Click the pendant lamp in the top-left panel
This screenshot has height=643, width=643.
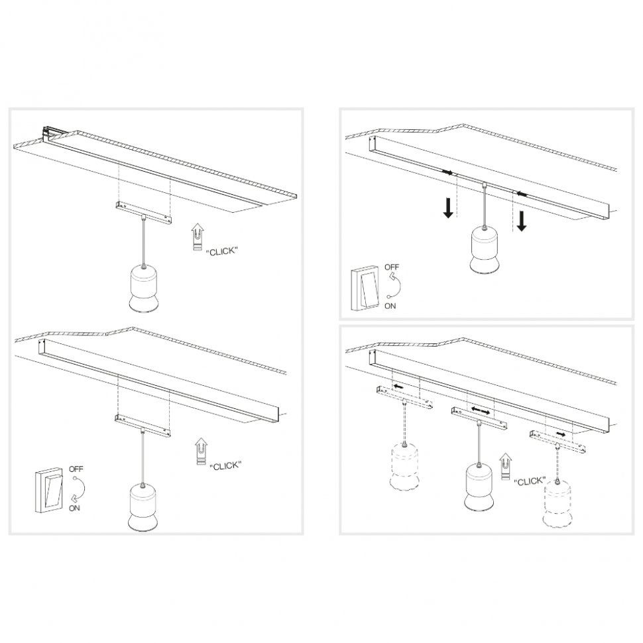pyautogui.click(x=143, y=289)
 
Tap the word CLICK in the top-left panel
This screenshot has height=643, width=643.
pyautogui.click(x=222, y=251)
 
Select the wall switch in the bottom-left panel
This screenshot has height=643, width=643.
pyautogui.click(x=50, y=490)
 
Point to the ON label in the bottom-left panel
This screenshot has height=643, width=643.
pyautogui.click(x=74, y=508)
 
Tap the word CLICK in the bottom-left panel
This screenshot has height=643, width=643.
pyautogui.click(x=225, y=466)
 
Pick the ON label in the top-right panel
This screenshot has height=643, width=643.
pyautogui.click(x=391, y=306)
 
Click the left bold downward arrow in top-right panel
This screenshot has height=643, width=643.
pyautogui.click(x=449, y=207)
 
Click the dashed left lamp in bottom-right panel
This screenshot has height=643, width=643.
pyautogui.click(x=405, y=467)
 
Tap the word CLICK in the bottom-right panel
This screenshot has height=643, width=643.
pyautogui.click(x=529, y=481)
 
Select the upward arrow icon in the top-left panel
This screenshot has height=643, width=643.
pyautogui.click(x=197, y=237)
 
